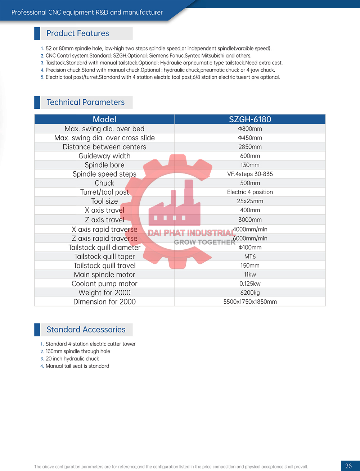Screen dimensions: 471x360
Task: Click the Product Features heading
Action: [x=77, y=33]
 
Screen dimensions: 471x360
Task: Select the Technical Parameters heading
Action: [x=85, y=102]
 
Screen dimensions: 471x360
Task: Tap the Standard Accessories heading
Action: [x=86, y=330]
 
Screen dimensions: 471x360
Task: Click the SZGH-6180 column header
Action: [x=250, y=119]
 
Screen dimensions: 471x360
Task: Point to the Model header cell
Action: [x=104, y=119]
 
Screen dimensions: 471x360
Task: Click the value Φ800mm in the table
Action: [x=250, y=129]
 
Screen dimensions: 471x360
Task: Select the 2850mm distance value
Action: [x=250, y=147]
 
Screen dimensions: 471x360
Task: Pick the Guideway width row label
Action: [x=104, y=156]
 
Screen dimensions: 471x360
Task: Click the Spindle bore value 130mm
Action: [x=250, y=165]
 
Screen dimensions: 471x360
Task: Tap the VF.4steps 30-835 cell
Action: [x=250, y=174]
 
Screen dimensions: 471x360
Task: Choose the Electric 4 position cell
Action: [x=250, y=192]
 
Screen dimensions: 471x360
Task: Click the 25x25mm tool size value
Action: [x=250, y=201]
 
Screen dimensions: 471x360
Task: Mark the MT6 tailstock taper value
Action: [x=250, y=257]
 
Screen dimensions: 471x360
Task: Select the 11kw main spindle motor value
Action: [x=250, y=275]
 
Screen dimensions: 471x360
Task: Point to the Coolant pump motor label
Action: [x=104, y=284]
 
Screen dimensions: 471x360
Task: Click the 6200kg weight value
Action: [x=250, y=293]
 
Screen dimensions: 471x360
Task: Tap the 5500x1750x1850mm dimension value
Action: [x=250, y=302]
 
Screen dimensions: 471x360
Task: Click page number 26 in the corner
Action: [x=348, y=466]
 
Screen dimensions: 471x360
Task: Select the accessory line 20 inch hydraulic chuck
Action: [x=72, y=359]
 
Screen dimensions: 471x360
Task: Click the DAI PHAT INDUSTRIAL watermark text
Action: [x=192, y=233]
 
